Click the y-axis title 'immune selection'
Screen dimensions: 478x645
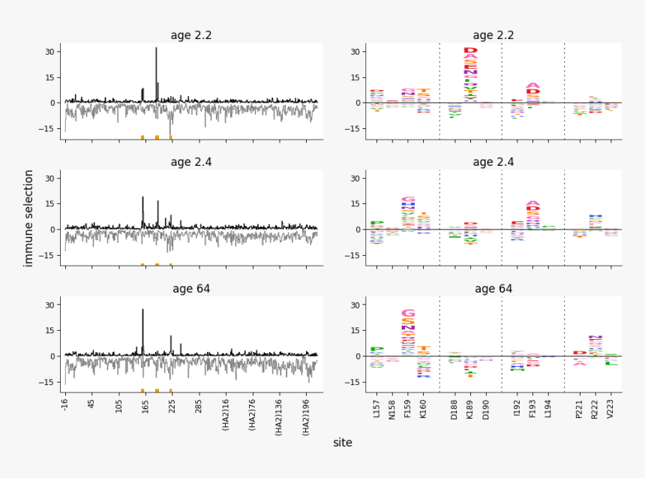[29, 218]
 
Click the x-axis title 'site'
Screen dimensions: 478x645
[343, 443]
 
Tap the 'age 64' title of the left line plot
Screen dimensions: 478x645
[191, 289]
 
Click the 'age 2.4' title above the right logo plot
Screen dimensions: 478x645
[493, 162]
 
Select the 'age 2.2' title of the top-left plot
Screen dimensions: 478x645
[191, 35]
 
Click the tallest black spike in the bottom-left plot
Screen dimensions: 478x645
[142, 311]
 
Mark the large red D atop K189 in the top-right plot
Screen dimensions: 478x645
[470, 50]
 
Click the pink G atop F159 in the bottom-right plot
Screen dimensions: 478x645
[408, 313]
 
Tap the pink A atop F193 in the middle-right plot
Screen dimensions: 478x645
[532, 203]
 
